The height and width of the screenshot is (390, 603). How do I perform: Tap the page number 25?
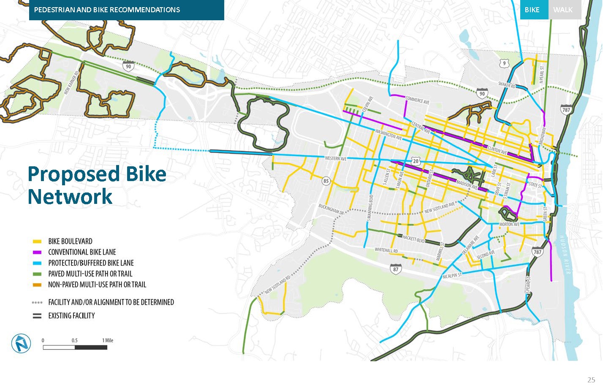tap(591, 380)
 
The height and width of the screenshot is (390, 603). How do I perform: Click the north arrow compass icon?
tap(21, 343)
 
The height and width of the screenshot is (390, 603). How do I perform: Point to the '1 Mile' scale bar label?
tap(108, 340)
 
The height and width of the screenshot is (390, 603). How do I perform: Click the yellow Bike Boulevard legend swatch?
tap(37, 241)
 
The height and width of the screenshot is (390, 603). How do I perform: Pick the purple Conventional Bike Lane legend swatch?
tap(37, 252)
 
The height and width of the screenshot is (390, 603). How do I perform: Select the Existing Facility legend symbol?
tap(37, 316)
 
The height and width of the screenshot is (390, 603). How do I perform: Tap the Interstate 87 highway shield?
tap(395, 269)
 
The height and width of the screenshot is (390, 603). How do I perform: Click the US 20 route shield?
tap(416, 161)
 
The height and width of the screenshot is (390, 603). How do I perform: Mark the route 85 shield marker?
tap(326, 181)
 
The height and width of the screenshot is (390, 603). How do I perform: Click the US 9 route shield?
tap(504, 63)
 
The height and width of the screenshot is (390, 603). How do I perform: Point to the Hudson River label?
tap(564, 255)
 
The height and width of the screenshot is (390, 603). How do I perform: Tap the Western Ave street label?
tap(335, 159)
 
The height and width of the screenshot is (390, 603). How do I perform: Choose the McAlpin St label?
tap(452, 276)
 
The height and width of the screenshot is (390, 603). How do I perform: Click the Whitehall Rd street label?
tap(386, 250)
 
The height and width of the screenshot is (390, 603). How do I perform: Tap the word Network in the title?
tap(70, 197)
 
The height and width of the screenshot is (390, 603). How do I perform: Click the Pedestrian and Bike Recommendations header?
tap(107, 10)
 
